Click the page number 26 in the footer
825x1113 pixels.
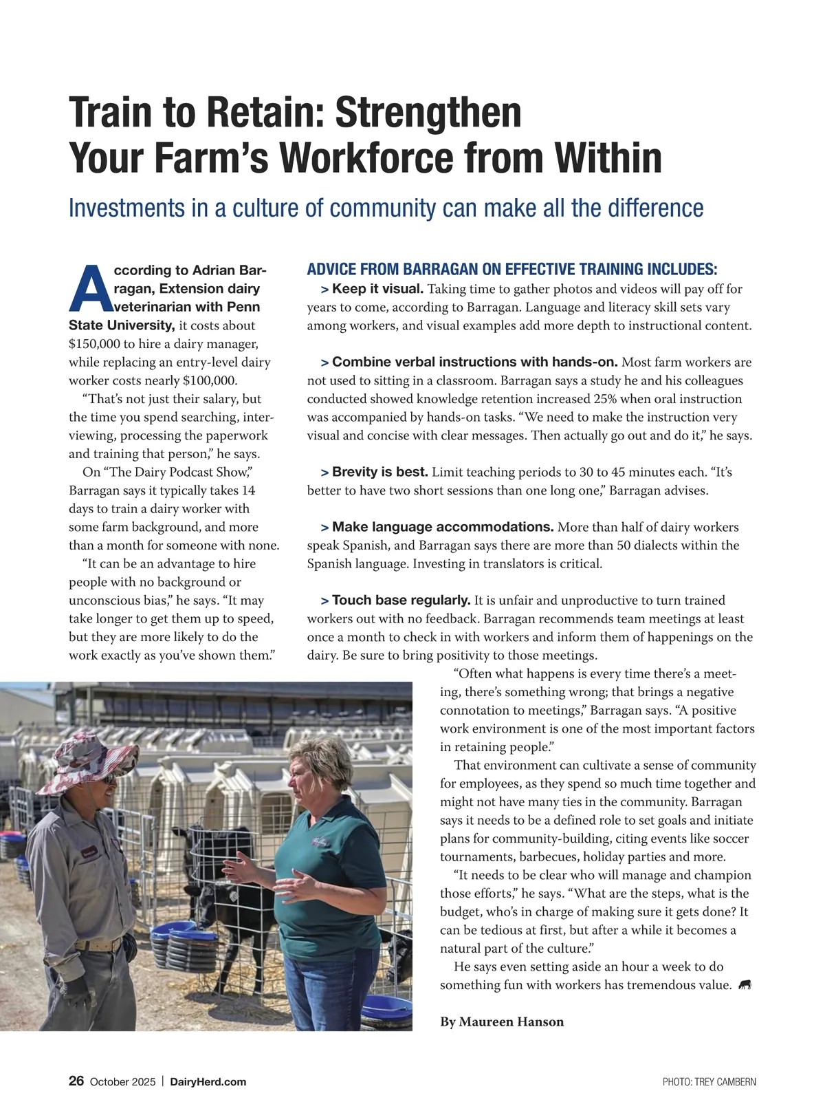[76, 1081]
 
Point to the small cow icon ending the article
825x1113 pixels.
[745, 986]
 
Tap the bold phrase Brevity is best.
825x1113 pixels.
[379, 472]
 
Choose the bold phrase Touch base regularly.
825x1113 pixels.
[401, 601]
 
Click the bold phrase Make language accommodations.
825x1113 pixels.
[443, 527]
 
